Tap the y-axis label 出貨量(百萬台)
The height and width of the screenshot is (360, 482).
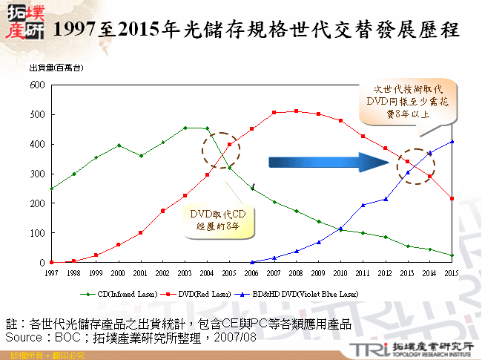[55, 69]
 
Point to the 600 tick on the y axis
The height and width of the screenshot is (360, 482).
[37, 85]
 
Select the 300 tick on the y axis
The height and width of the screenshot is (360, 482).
[37, 174]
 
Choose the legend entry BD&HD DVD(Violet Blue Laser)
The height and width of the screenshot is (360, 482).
[304, 294]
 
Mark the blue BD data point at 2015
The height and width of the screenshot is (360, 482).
[452, 142]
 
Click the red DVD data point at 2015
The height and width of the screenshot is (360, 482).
[452, 198]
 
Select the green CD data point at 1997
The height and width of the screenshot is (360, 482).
[51, 189]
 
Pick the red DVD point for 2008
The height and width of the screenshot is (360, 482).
[296, 111]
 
